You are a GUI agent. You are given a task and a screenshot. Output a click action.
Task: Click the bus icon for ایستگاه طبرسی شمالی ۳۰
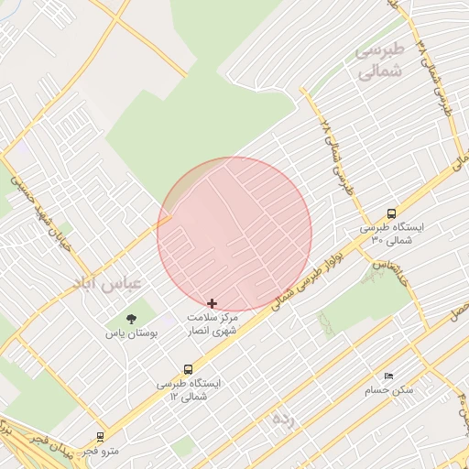pos(392,213)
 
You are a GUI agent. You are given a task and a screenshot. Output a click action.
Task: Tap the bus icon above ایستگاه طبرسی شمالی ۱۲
pos(188,369)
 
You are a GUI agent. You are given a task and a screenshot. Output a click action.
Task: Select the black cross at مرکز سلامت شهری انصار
pos(213,302)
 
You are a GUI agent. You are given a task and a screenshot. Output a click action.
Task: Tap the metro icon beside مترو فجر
pos(100,437)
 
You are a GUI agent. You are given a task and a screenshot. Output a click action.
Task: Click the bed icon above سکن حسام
pos(388,376)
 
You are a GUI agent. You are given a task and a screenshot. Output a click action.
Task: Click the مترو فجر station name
pos(101,451)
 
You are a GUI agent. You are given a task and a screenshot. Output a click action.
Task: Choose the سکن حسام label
pos(394,390)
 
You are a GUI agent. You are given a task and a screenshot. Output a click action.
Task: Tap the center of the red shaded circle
pos(234,234)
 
